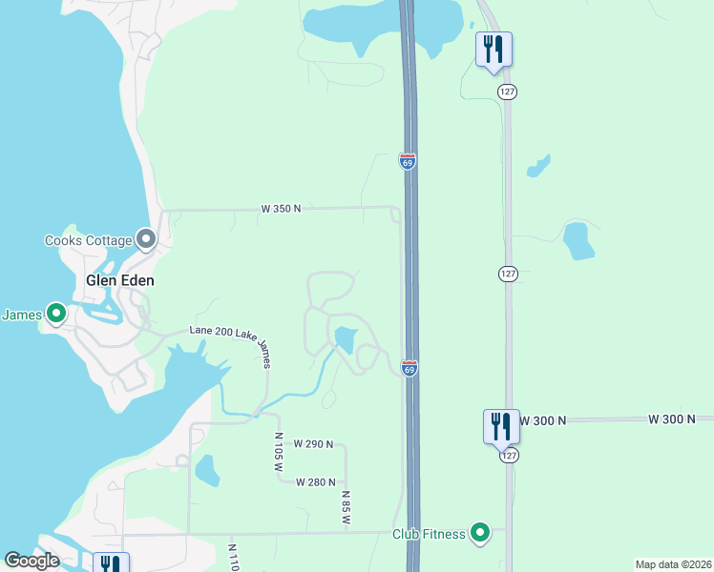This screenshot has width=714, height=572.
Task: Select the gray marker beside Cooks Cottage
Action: (x=146, y=238)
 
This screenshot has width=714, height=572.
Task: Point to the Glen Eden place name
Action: (x=120, y=280)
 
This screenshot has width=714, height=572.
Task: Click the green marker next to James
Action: (x=55, y=313)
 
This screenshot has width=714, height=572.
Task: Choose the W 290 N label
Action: (x=313, y=443)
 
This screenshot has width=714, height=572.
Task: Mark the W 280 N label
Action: (x=317, y=481)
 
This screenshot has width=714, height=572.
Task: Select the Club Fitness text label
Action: (x=429, y=534)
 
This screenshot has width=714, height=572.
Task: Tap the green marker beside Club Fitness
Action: (x=480, y=533)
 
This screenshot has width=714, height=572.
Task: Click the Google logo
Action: (x=32, y=561)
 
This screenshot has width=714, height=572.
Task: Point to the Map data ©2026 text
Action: (x=673, y=564)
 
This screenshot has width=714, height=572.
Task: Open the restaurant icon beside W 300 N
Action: (x=501, y=425)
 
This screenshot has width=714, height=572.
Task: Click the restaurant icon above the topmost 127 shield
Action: (x=493, y=49)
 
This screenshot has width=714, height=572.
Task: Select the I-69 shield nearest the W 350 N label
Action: (x=408, y=162)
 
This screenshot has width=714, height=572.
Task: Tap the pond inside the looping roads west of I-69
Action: (x=345, y=338)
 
